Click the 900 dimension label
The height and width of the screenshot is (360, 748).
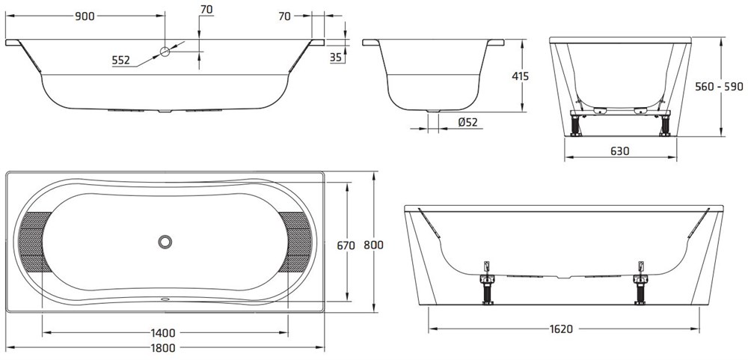[85, 16]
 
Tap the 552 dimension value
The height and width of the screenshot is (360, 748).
[120, 60]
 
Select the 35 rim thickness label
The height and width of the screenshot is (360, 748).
[336, 58]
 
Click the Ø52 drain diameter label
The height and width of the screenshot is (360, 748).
[467, 122]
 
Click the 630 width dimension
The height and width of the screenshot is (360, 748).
[619, 151]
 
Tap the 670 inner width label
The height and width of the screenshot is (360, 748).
[346, 245]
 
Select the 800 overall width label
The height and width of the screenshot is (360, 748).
[373, 245]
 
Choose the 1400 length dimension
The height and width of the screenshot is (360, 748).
[163, 333]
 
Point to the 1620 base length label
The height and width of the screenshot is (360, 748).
[561, 329]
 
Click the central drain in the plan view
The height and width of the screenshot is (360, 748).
[165, 242]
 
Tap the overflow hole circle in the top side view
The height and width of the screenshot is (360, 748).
[165, 51]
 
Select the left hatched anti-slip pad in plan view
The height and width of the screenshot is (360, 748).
[34, 241]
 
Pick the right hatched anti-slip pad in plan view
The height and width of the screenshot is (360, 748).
[295, 241]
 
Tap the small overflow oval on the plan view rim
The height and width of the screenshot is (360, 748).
[165, 300]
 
